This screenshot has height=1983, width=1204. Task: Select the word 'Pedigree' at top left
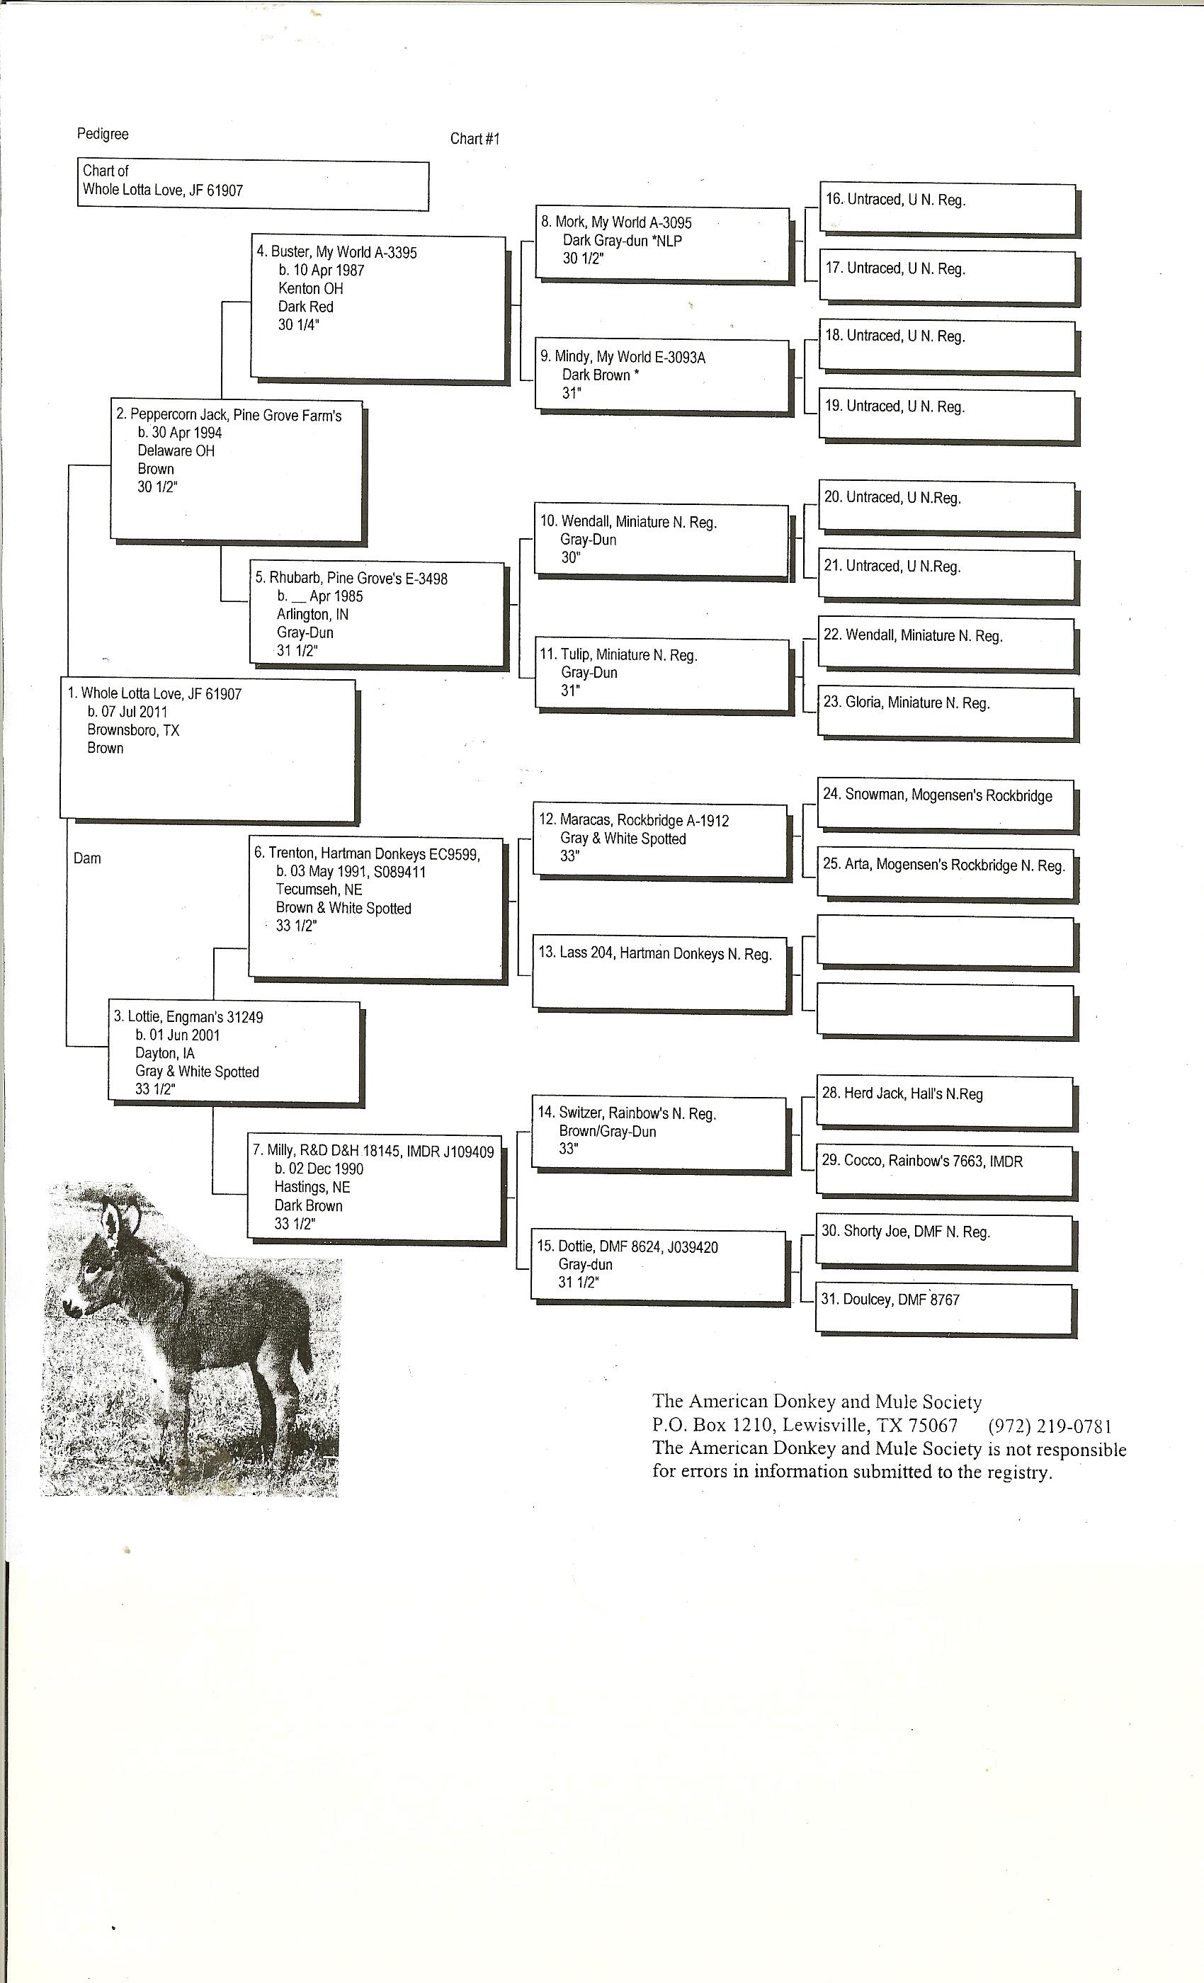click(102, 135)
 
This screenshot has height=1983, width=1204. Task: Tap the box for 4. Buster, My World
click(377, 307)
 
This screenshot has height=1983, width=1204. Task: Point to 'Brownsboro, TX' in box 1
click(133, 731)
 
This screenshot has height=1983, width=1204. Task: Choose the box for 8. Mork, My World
click(662, 244)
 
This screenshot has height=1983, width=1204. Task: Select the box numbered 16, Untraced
click(948, 208)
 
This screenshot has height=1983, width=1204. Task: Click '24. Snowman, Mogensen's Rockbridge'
click(937, 795)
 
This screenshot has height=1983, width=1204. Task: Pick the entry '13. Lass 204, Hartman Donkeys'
click(654, 954)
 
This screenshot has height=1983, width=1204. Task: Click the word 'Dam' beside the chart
click(87, 858)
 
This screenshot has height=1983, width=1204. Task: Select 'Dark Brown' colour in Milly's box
click(308, 1205)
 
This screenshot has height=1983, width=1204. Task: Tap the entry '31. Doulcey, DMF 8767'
click(890, 1300)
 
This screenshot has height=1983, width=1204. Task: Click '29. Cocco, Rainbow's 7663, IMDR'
click(921, 1161)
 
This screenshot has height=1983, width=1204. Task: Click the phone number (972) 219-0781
click(1050, 1426)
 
